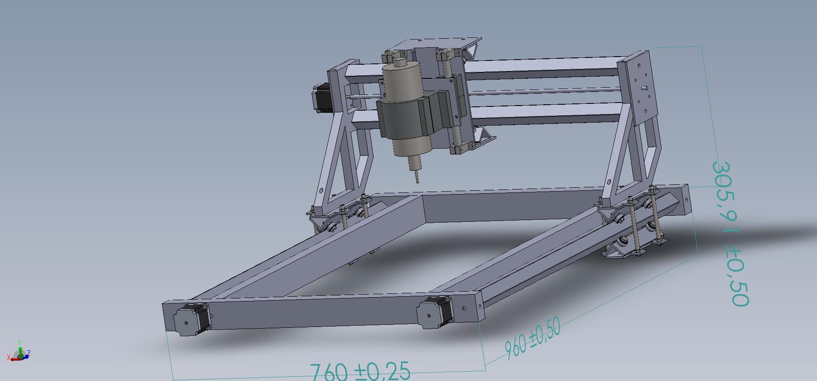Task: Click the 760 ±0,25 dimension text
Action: coord(360,371)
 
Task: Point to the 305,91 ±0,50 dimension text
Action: coord(730,233)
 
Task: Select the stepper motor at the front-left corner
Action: coord(191,320)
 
